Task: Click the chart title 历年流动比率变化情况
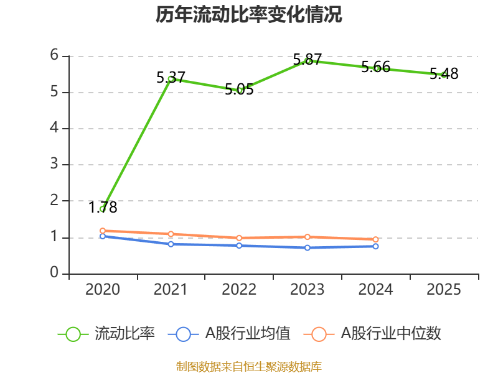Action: [249, 15]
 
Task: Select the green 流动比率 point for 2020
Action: [103, 209]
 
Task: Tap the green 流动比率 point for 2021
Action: [171, 79]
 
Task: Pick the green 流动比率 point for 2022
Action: [240, 90]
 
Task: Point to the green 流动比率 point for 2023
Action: [308, 61]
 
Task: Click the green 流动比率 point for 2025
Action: [444, 75]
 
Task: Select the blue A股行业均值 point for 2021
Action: [171, 244]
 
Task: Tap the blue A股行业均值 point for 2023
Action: [308, 247]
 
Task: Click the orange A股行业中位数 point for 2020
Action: [103, 231]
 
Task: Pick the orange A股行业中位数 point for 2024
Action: [376, 239]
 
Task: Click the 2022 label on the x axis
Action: [239, 290]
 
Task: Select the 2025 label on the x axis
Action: [444, 290]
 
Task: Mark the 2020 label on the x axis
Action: [103, 290]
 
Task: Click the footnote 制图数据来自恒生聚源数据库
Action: [249, 366]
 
